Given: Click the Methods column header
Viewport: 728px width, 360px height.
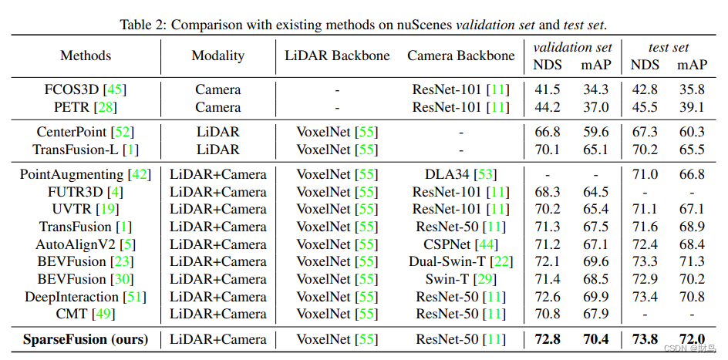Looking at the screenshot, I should pyautogui.click(x=86, y=56).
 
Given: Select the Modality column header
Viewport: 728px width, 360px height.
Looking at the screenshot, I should pyautogui.click(x=218, y=56).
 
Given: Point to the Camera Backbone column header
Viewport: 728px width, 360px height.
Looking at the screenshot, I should pyautogui.click(x=461, y=56).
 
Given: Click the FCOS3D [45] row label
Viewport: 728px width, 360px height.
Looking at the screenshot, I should pyautogui.click(x=86, y=90).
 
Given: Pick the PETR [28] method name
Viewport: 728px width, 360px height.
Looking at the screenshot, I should pyautogui.click(x=86, y=107).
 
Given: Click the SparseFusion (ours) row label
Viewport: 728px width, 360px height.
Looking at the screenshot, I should pyautogui.click(x=86, y=339).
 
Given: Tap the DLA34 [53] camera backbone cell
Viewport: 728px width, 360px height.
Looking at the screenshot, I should pyautogui.click(x=461, y=174).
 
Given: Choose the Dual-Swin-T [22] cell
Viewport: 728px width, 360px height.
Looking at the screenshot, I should pyautogui.click(x=461, y=261).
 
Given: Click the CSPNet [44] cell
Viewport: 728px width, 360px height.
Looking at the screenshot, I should pyautogui.click(x=461, y=244).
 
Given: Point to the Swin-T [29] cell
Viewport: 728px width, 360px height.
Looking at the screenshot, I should pyautogui.click(x=461, y=279).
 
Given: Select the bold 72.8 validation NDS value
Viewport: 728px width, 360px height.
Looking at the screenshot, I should pyautogui.click(x=548, y=339).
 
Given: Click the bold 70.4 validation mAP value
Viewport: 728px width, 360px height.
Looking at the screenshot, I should pyautogui.click(x=595, y=339).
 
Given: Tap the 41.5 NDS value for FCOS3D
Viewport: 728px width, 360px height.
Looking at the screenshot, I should pyautogui.click(x=548, y=90).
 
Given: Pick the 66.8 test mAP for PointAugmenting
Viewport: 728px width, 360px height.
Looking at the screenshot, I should pyautogui.click(x=692, y=174).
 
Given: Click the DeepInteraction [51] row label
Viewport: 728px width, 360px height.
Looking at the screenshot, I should pyautogui.click(x=86, y=297).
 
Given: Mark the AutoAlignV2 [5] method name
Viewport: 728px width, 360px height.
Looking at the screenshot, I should pyautogui.click(x=86, y=244).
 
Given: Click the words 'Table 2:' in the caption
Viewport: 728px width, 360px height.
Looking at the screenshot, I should pyautogui.click(x=143, y=24).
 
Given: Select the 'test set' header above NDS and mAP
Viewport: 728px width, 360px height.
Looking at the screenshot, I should pyautogui.click(x=668, y=48).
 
